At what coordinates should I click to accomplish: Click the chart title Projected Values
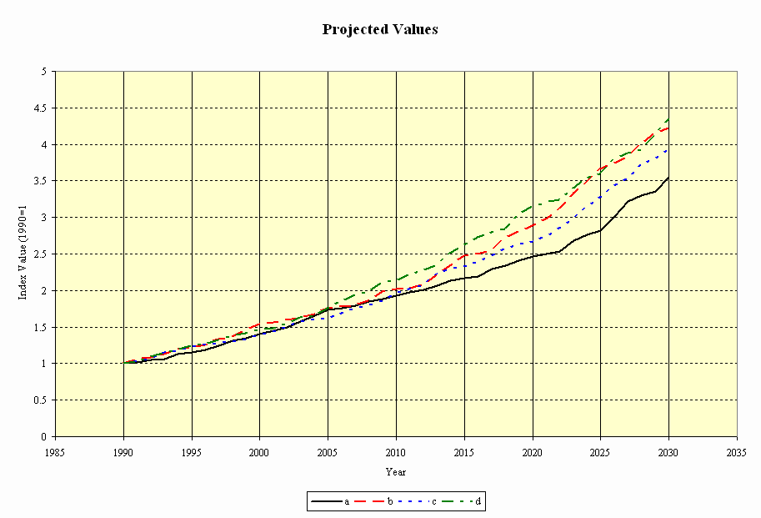pyautogui.click(x=380, y=29)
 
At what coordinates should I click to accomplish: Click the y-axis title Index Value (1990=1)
pyautogui.click(x=24, y=254)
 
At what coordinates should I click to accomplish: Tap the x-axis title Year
pyautogui.click(x=396, y=471)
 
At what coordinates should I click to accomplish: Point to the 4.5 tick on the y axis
pyautogui.click(x=38, y=108)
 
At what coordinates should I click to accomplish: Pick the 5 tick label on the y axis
pyautogui.click(x=43, y=71)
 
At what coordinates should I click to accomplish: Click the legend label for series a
pyautogui.click(x=346, y=501)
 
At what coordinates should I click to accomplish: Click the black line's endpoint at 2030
pyautogui.click(x=668, y=177)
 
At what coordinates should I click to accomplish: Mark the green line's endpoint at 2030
pyautogui.click(x=668, y=119)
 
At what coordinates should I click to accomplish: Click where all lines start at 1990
pyautogui.click(x=124, y=363)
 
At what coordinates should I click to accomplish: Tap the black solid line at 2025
pyautogui.click(x=600, y=230)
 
